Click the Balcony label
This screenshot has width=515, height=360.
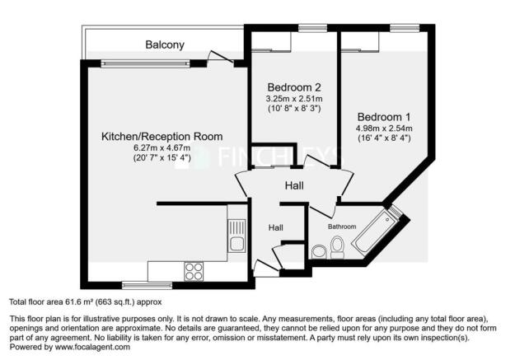tap(165, 44)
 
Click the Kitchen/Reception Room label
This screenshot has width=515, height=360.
tap(162, 136)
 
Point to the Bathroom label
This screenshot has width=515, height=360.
tap(342, 226)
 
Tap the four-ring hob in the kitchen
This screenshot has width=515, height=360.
tap(194, 271)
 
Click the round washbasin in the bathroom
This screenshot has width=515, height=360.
tap(318, 252)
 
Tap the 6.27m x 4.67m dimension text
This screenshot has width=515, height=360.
tap(162, 147)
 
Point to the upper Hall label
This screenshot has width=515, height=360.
tap(294, 186)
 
